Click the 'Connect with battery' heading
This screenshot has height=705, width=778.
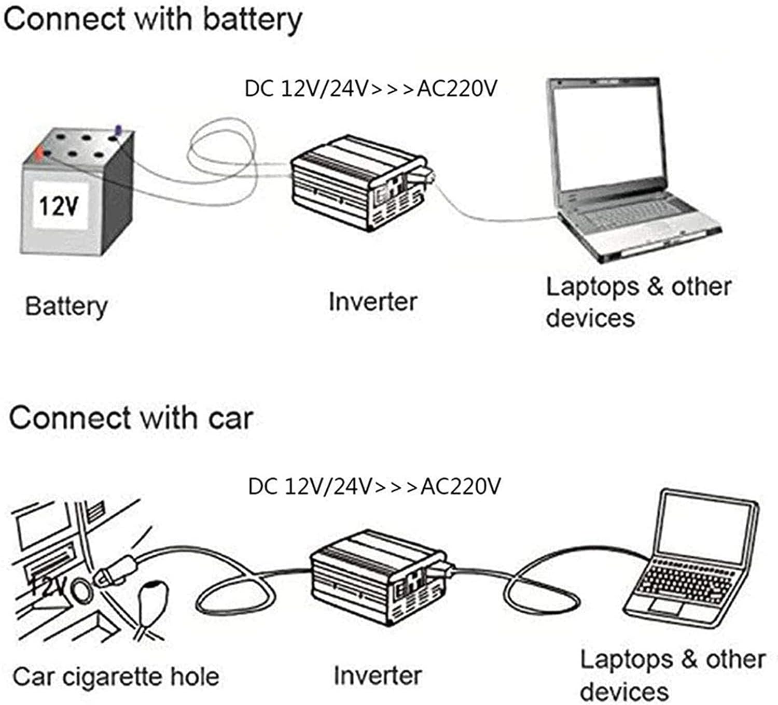click(152, 20)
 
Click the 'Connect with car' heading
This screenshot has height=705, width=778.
click(131, 418)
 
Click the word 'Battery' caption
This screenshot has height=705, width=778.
click(66, 306)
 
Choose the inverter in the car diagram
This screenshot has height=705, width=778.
click(376, 575)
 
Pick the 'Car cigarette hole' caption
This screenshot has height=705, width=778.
click(115, 677)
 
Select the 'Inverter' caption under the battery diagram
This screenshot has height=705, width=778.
click(372, 302)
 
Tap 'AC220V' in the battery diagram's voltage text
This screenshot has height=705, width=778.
click(456, 89)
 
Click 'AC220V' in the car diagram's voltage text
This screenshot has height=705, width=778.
click(461, 487)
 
